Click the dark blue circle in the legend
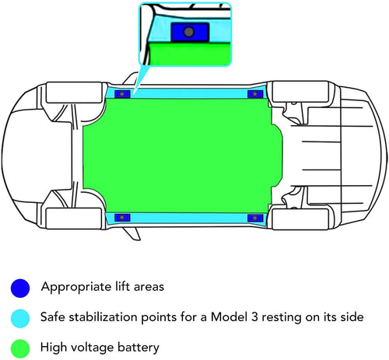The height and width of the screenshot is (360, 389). click(x=20, y=288)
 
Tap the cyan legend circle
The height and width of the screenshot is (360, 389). click(x=20, y=318)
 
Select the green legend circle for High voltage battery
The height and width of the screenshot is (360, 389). click(x=20, y=348)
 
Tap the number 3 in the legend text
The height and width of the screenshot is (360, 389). click(x=254, y=317)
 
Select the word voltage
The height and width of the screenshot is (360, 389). click(x=92, y=348)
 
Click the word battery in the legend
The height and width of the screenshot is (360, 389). click(x=138, y=348)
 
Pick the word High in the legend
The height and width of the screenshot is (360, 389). click(x=54, y=348)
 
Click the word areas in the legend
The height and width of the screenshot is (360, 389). click(x=149, y=287)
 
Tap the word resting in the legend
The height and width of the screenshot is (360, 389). click(x=282, y=317)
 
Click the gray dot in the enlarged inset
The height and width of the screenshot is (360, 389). click(x=188, y=32)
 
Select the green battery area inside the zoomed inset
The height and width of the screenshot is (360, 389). click(x=190, y=54)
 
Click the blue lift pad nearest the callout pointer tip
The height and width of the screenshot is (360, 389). click(x=122, y=94)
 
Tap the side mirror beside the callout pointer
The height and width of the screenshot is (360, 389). click(x=131, y=79)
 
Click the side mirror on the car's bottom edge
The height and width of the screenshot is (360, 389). click(x=131, y=234)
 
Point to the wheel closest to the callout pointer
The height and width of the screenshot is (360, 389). click(x=74, y=93)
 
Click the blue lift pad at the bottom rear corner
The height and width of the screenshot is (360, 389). click(x=255, y=218)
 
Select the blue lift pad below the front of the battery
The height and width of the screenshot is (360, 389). click(x=122, y=218)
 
